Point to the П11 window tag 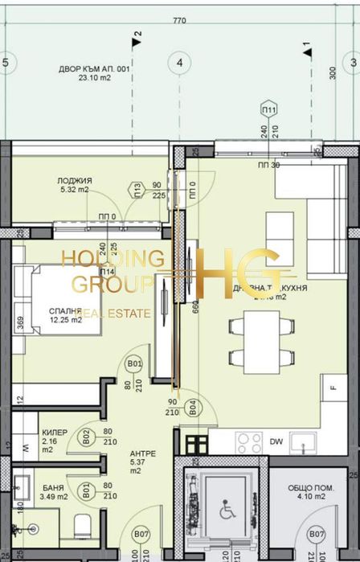[x=269, y=109]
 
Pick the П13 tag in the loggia [x=137, y=190]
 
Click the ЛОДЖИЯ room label [x=75, y=181]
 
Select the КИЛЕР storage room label [x=55, y=433]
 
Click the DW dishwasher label [x=276, y=441]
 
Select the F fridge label [x=331, y=388]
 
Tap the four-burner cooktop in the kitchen [x=249, y=442]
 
